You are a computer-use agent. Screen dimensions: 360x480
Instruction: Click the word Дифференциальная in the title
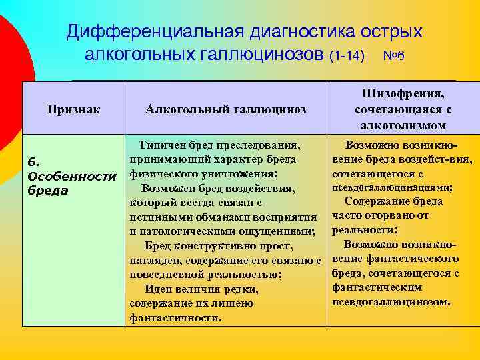[x=154, y=32]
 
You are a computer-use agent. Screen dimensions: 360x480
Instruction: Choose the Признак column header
[x=73, y=109]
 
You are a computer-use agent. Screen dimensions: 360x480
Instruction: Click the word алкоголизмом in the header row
[x=403, y=125]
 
